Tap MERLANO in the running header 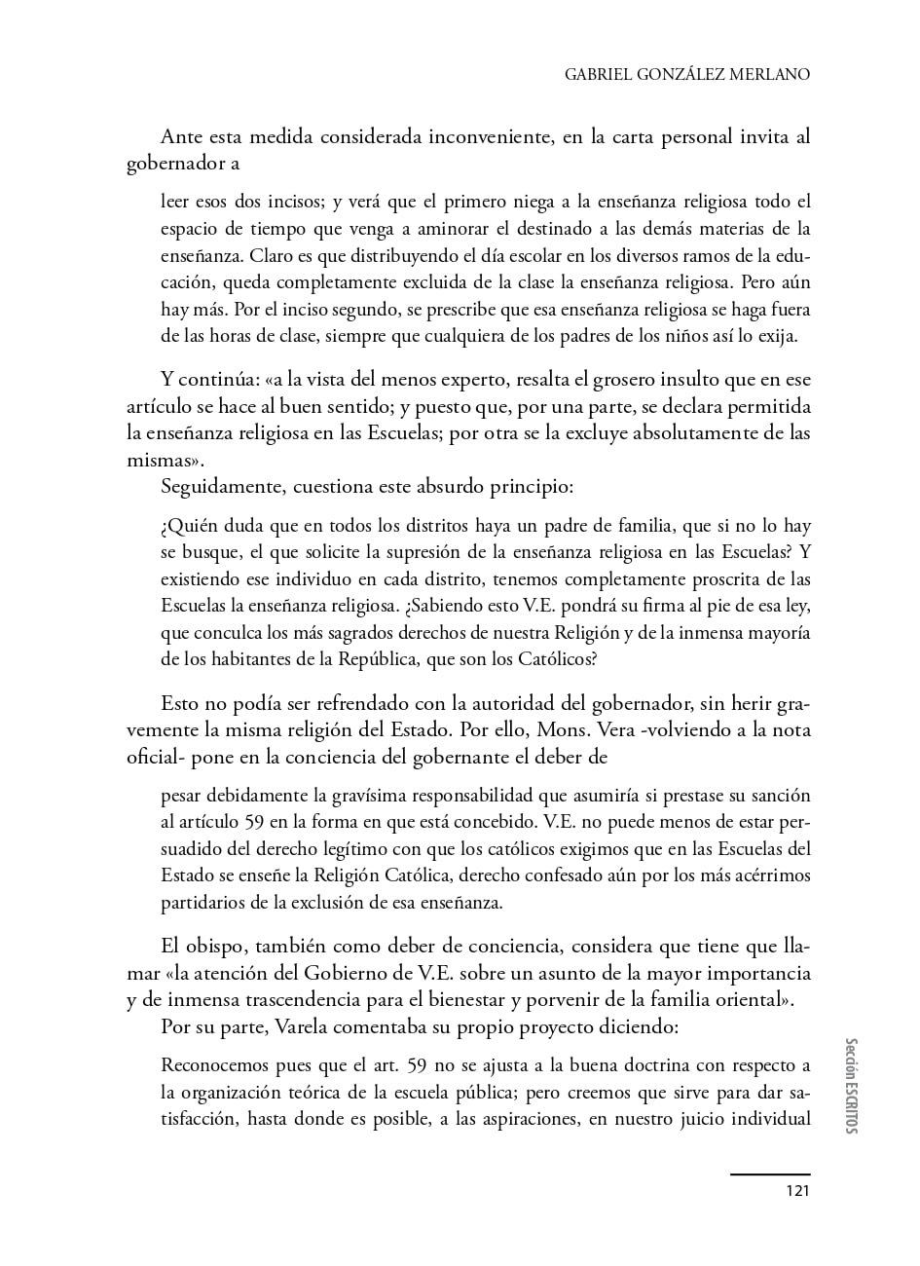coord(769,74)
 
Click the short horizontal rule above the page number coord(769,1174)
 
